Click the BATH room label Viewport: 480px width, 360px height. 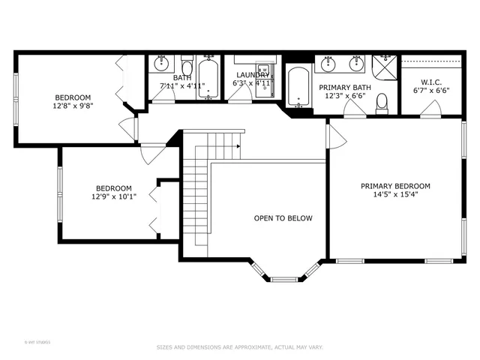pos(182,77)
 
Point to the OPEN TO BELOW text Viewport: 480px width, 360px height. pos(283,218)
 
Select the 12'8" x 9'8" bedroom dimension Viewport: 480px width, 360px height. pos(73,106)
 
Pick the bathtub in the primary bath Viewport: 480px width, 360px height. pos(298,86)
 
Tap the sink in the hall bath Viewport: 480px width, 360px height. pos(161,64)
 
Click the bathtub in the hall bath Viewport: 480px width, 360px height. pos(208,79)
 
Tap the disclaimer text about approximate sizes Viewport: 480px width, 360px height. pos(239,347)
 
